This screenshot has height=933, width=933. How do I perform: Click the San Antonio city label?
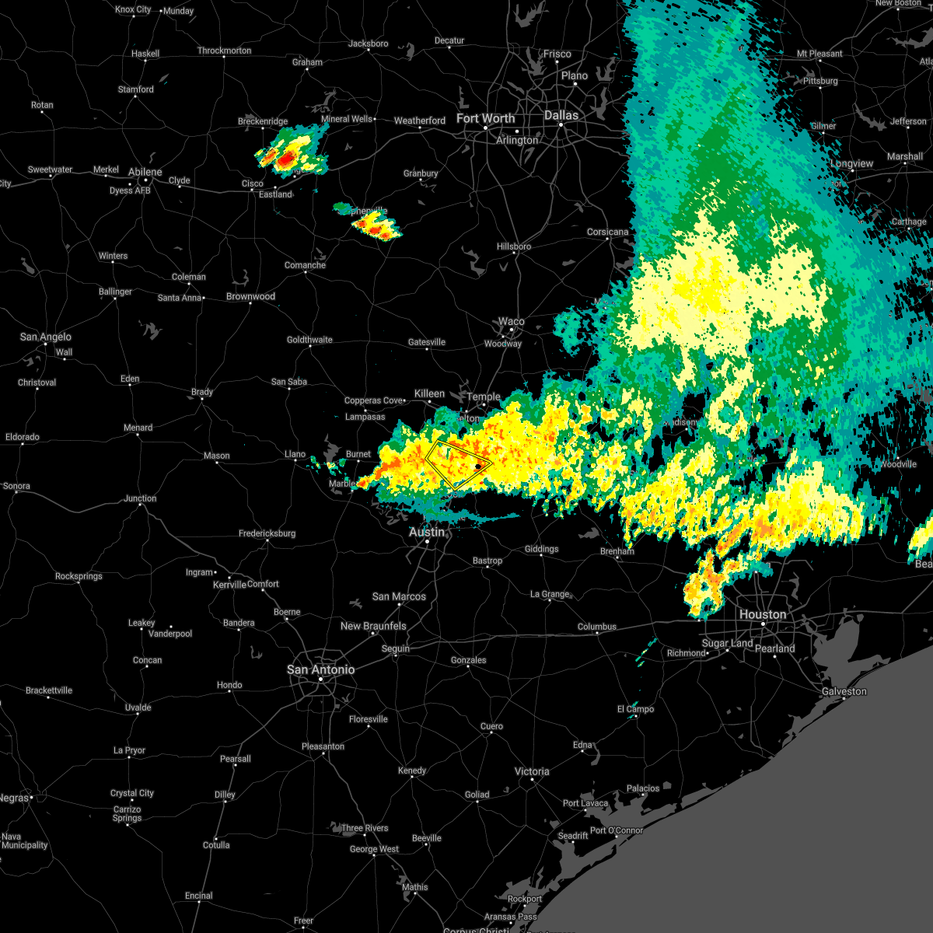(x=320, y=669)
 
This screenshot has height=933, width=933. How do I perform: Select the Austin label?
(x=427, y=532)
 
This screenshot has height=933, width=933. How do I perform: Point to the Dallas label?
(x=561, y=115)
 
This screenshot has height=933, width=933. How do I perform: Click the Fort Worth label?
(x=485, y=118)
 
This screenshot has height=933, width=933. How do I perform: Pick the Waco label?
(x=511, y=321)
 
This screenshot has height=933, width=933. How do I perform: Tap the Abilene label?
(x=145, y=172)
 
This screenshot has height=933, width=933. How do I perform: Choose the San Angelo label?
(x=45, y=337)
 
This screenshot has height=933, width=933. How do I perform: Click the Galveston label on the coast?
(x=844, y=691)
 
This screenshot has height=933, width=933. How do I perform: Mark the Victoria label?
(x=532, y=771)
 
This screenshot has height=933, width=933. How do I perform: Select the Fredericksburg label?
(x=267, y=533)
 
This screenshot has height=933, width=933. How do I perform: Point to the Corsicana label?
(x=607, y=232)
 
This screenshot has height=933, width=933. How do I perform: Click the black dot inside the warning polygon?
(x=477, y=466)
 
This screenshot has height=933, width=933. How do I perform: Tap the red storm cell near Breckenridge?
(x=286, y=159)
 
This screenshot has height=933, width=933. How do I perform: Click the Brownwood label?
(x=250, y=296)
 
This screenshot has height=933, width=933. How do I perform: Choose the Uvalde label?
(x=138, y=708)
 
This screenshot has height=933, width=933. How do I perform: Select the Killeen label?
(x=429, y=393)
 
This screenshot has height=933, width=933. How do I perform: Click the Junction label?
(x=140, y=498)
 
